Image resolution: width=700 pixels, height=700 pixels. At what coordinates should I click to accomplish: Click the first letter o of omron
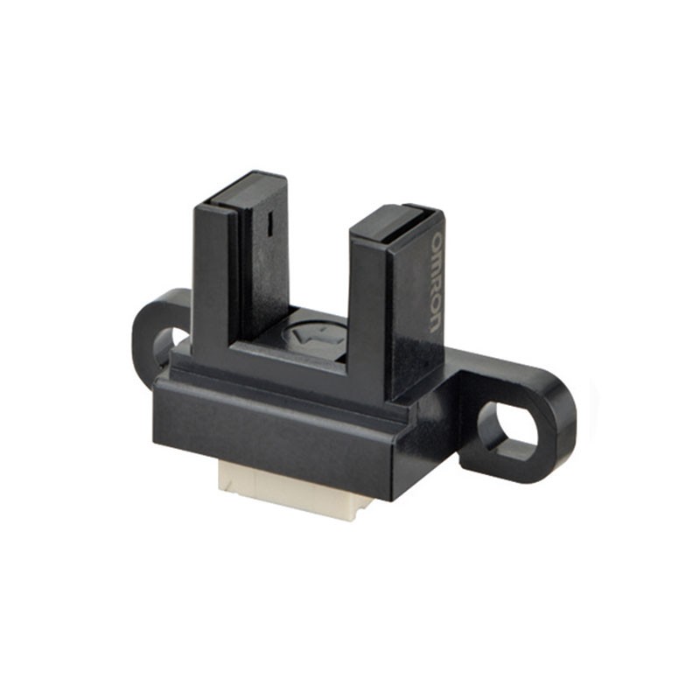[435, 241]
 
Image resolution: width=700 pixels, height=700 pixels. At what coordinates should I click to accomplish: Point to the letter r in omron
[435, 282]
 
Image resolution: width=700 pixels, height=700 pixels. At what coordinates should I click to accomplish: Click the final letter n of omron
[435, 321]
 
